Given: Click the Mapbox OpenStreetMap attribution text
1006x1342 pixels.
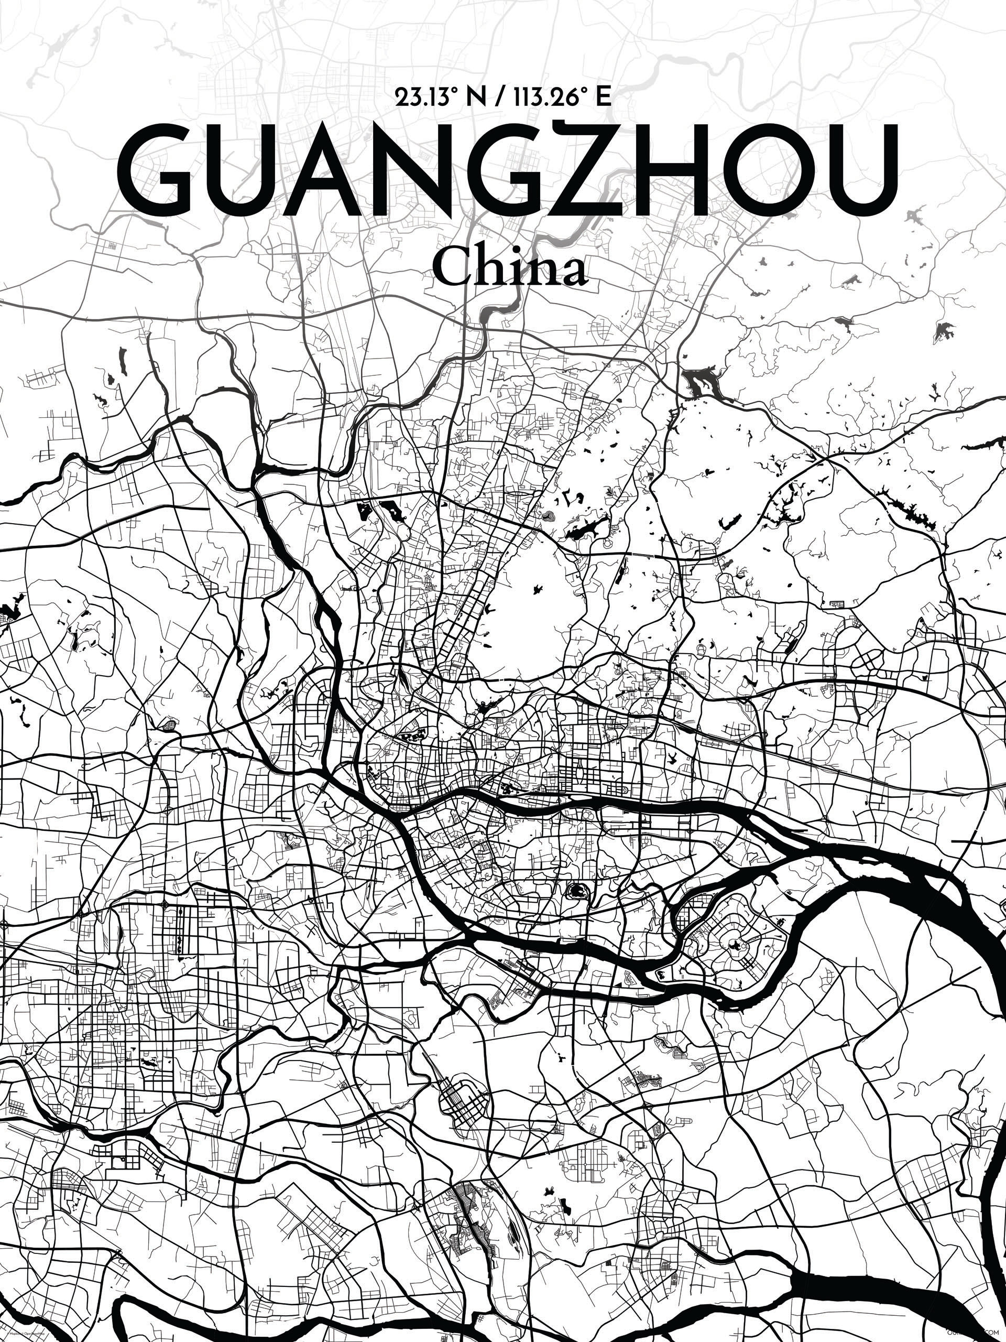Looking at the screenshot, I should tap(24, 1335).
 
